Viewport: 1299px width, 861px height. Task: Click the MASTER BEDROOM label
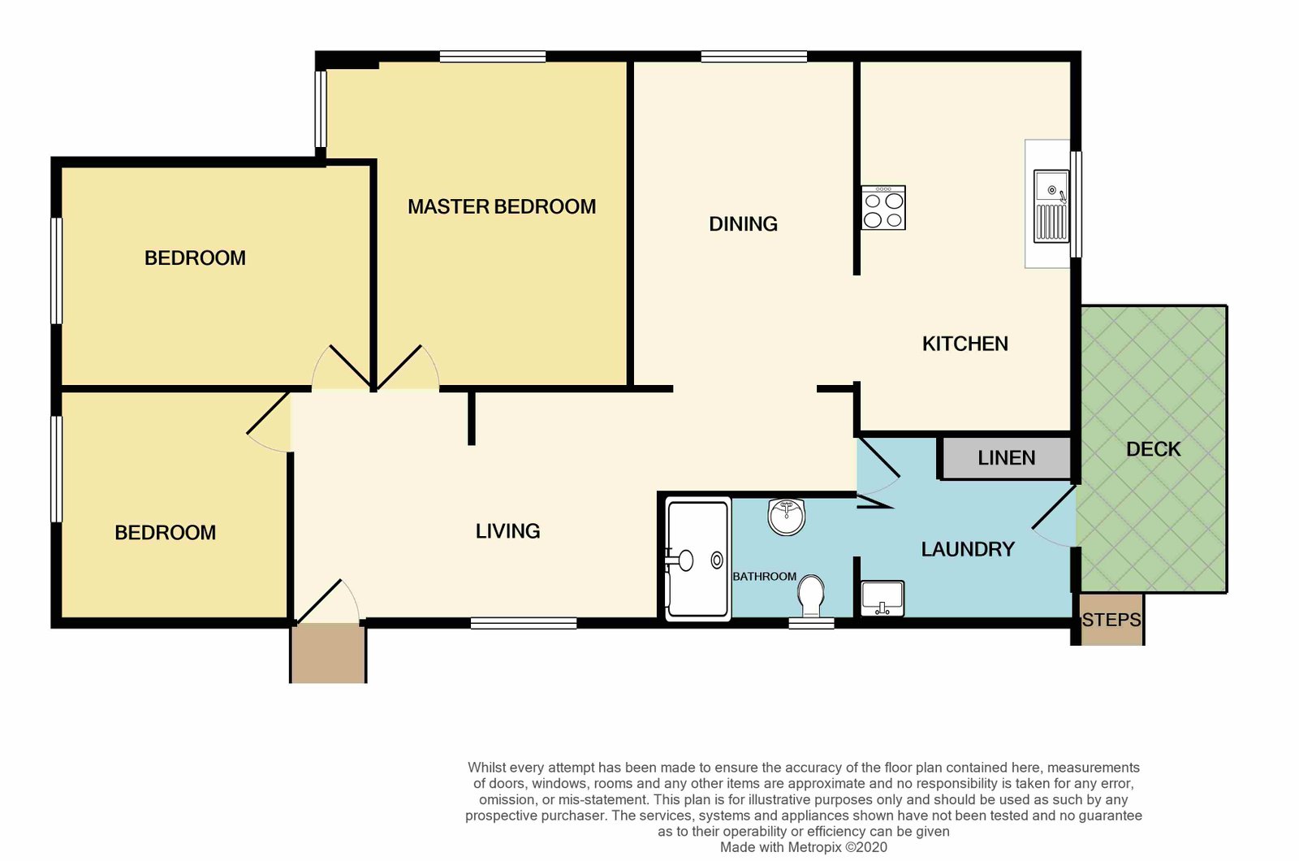point(502,206)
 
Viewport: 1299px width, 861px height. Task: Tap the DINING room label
point(743,224)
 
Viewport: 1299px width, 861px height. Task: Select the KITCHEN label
point(965,344)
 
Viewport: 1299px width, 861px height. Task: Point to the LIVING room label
point(508,531)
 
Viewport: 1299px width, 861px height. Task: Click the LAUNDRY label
point(968,549)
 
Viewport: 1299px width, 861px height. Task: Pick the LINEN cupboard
point(1006,458)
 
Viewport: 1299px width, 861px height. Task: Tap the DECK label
point(1154,449)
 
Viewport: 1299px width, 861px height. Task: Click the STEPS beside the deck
point(1111,619)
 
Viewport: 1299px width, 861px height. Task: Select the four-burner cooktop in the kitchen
point(883,208)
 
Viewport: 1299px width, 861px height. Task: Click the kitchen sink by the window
point(1051,206)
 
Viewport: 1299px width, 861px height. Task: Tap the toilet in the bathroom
point(811,596)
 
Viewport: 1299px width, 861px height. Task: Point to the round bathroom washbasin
point(787,517)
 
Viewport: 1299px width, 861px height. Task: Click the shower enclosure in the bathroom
point(697,560)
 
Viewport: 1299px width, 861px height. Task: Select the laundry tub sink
point(882,598)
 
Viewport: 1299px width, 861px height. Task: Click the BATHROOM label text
point(764,576)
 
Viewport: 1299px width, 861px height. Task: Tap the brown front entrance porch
point(328,653)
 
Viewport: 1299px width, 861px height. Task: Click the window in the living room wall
point(524,623)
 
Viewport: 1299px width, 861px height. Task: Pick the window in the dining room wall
point(754,56)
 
